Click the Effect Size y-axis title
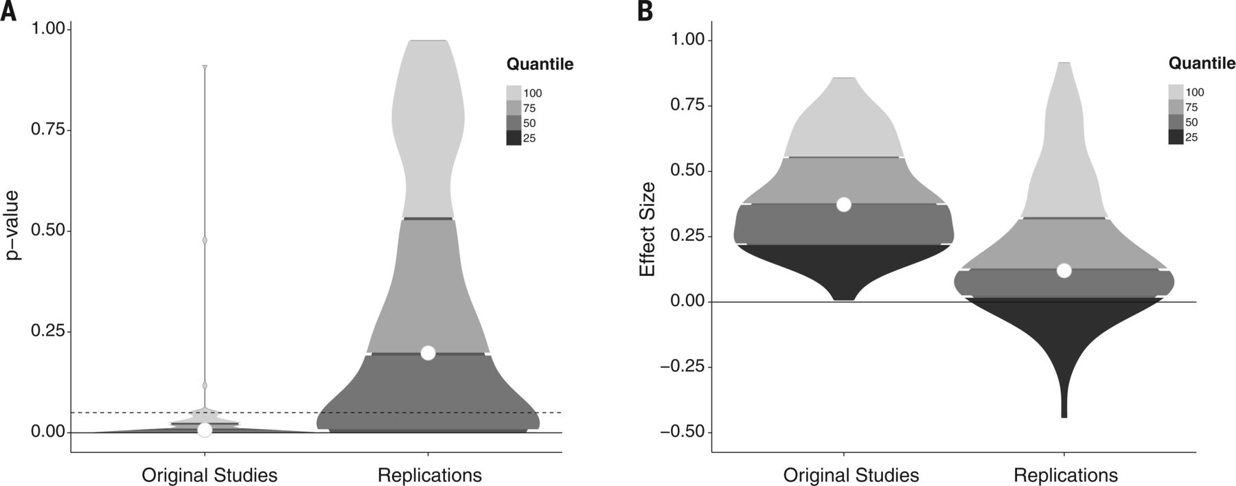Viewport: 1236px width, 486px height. (648, 229)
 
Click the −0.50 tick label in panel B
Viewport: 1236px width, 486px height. (683, 432)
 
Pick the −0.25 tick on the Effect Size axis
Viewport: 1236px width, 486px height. (683, 367)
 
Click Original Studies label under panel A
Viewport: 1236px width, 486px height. (209, 475)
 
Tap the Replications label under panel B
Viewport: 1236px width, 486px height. (1065, 475)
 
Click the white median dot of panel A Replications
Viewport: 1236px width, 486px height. (428, 353)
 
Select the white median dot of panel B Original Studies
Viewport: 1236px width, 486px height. (844, 205)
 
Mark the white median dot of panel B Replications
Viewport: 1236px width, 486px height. (1064, 270)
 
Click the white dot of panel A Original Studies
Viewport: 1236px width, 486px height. (205, 430)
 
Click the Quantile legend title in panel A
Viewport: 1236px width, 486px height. (540, 65)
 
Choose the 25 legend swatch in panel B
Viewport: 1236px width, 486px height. (1176, 137)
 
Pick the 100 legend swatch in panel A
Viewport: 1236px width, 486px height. (514, 93)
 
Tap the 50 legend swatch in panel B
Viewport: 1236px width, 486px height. (1176, 122)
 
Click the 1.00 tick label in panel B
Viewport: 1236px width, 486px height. (687, 40)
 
